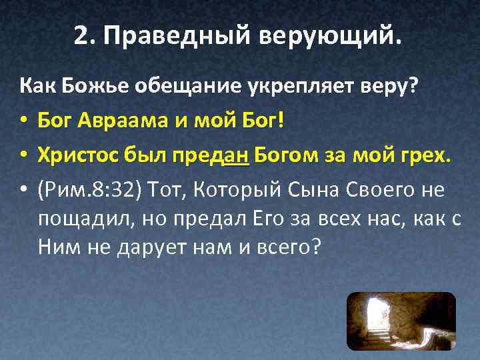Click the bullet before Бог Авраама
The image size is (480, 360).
pos(23,121)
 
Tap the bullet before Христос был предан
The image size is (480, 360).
pos(23,156)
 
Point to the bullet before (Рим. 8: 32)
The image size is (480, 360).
pos(23,191)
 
